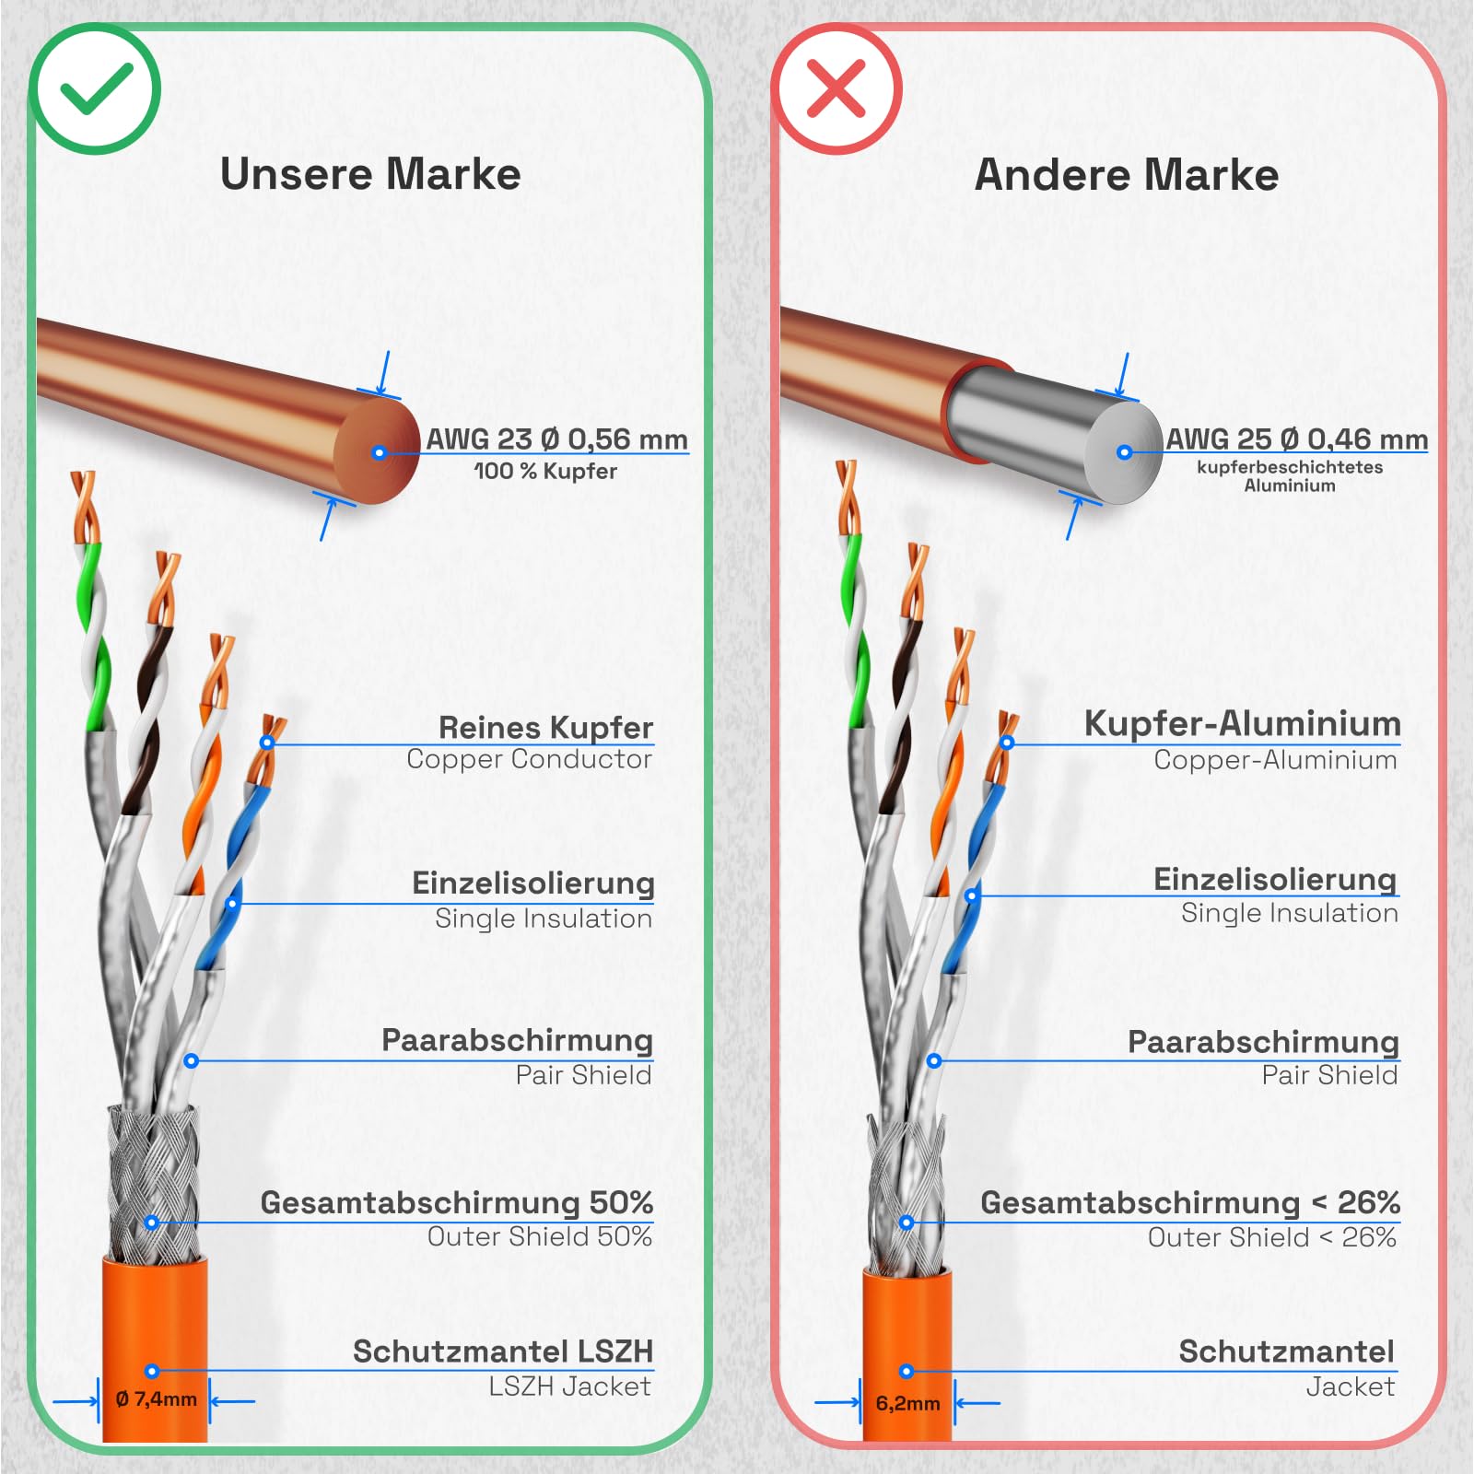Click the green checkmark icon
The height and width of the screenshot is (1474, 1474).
[x=96, y=89]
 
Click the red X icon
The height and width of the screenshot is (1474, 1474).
[x=836, y=89]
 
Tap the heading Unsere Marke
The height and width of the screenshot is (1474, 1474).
[x=370, y=174]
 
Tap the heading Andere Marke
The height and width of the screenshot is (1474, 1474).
[x=1126, y=174]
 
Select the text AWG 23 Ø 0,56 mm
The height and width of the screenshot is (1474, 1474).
[x=556, y=439]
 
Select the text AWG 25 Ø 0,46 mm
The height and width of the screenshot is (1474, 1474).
[x=1297, y=439]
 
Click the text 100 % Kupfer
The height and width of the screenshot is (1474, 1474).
[x=545, y=471]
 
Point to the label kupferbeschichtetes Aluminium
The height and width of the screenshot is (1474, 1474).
[x=1290, y=476]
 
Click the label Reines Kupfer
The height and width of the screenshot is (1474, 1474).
[x=545, y=727]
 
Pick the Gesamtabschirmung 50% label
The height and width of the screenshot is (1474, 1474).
[x=457, y=1202]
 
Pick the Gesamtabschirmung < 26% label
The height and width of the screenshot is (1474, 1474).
[x=1190, y=1202]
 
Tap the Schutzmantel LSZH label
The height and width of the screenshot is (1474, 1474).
[x=503, y=1351]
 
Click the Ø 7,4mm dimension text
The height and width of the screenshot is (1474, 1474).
[x=157, y=1399]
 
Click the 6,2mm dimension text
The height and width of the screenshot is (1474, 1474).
[x=907, y=1403]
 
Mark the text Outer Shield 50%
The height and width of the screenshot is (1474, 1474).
[x=540, y=1236]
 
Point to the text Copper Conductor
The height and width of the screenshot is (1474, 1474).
[x=529, y=759]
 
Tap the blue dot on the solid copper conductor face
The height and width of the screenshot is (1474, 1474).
[x=379, y=452]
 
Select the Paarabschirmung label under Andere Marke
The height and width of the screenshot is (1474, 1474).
[x=1263, y=1042]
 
